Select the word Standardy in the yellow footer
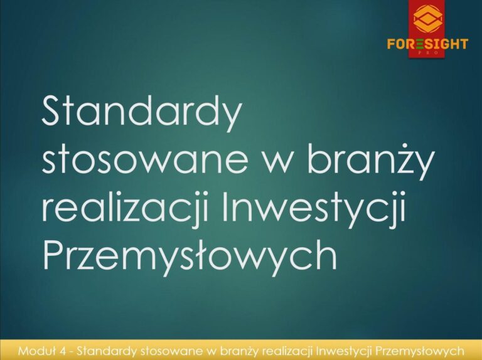coord(106,351)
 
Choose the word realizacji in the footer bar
coord(288,351)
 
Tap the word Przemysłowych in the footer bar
coord(420,351)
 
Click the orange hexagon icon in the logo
coord(428,19)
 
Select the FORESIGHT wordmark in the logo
coord(427,44)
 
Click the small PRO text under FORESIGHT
coord(428,53)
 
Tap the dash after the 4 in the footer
coord(71,352)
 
